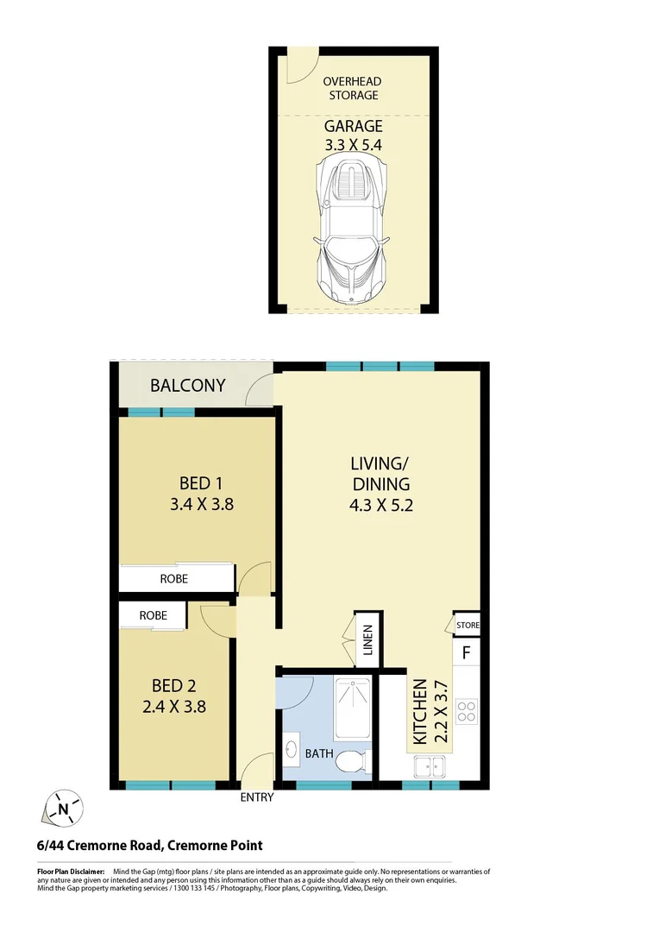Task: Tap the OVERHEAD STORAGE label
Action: pyautogui.click(x=353, y=88)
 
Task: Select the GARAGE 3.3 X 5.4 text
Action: pyautogui.click(x=353, y=135)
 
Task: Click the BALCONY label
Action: pyautogui.click(x=188, y=385)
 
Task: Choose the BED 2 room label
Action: pyautogui.click(x=173, y=686)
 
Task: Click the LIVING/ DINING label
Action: pyautogui.click(x=380, y=484)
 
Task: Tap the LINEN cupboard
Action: pyautogui.click(x=366, y=640)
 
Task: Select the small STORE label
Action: pyautogui.click(x=468, y=625)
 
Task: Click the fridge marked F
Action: pyautogui.click(x=466, y=652)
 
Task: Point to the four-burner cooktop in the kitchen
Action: pyautogui.click(x=467, y=711)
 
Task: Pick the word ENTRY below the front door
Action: pyautogui.click(x=256, y=797)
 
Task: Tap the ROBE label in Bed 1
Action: pyautogui.click(x=173, y=578)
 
